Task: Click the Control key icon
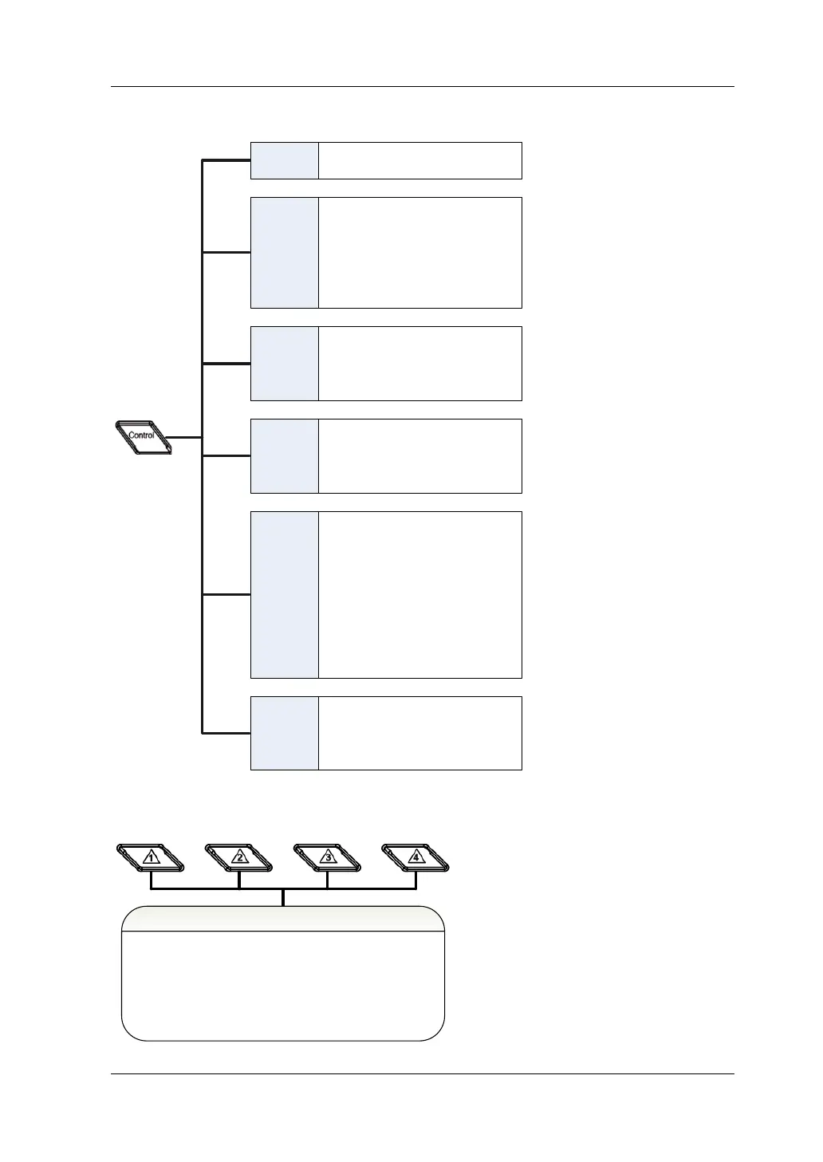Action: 143,436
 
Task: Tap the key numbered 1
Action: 151,857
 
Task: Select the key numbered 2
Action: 239,857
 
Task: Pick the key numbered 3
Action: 328,857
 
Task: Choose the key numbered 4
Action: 415,857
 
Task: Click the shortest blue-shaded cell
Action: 285,160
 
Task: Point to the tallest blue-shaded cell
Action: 285,595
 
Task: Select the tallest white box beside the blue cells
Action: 420,595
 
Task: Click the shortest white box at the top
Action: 420,160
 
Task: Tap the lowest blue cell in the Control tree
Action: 285,733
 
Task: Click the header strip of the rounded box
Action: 282,919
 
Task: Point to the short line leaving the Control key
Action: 187,437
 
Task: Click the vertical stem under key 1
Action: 151,880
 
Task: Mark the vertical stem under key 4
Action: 415,880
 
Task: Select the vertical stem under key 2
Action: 239,880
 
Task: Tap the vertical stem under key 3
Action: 328,880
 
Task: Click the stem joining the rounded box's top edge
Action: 283,898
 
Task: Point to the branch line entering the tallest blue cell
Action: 226,595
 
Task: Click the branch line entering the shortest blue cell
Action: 226,161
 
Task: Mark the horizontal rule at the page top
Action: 422,86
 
